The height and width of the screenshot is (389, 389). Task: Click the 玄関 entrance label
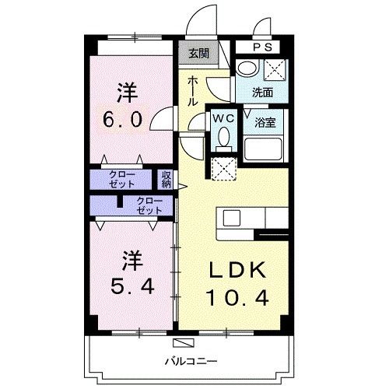click(x=198, y=54)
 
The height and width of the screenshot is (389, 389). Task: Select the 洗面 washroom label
click(x=262, y=91)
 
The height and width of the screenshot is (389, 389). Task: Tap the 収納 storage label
click(x=166, y=179)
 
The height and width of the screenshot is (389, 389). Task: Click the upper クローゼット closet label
click(x=121, y=178)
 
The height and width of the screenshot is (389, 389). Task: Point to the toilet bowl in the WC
click(x=223, y=138)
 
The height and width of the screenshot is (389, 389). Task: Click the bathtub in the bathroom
click(x=264, y=149)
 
